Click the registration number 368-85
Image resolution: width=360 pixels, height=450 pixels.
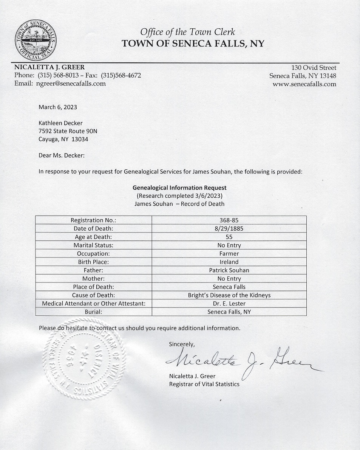229,220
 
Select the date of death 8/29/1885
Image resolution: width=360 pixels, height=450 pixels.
229,228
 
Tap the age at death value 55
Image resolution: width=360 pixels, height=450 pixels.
229,237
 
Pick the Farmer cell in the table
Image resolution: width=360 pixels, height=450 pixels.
229,253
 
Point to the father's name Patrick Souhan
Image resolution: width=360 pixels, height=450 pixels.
229,270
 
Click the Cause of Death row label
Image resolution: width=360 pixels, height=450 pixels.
93,295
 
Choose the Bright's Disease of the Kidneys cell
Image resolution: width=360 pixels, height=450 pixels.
229,295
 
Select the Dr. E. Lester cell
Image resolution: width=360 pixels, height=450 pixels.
229,303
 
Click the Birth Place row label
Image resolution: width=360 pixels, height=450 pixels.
93,262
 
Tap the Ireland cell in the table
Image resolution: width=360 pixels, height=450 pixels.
229,262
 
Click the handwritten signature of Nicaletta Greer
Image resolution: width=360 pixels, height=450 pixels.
242,359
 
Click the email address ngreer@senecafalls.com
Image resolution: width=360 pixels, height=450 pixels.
71,84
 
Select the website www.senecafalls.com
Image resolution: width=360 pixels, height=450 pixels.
304,84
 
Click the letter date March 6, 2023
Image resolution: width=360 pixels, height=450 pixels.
58,107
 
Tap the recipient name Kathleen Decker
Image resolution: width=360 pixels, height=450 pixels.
60,123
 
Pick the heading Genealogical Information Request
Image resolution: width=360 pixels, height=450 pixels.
179,188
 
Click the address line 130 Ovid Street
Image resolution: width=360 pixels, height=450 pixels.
314,68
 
